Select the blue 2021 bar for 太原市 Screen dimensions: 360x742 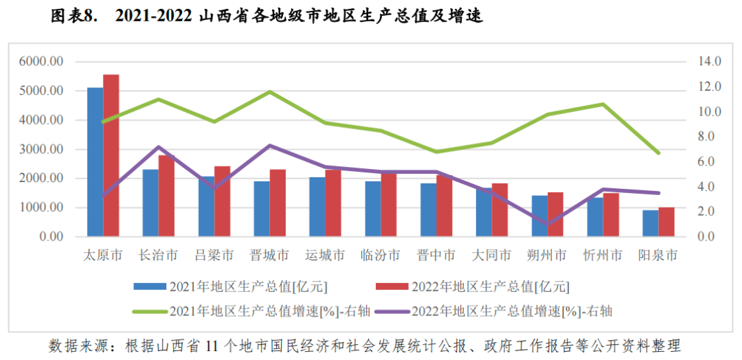tap(95, 162)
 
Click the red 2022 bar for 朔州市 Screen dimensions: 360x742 tap(555, 214)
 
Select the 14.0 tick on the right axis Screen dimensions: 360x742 tap(708, 62)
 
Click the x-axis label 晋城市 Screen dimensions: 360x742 tap(269, 256)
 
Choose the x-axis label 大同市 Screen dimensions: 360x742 tap(491, 256)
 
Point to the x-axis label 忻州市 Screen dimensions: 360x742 tap(603, 256)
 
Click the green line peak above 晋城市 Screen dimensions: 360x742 tap(269, 91)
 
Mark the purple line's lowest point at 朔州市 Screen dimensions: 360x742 tap(548, 224)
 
